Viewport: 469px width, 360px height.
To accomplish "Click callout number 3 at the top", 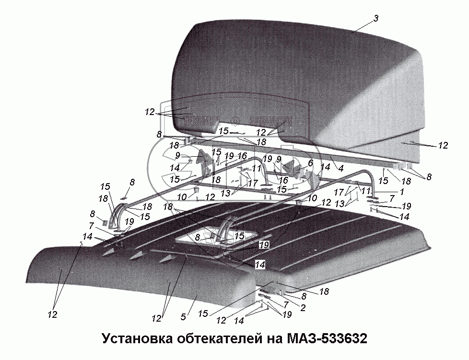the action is click(376, 18).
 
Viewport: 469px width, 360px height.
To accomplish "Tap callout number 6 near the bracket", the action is click(310, 163).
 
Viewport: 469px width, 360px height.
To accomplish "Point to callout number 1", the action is click(387, 191).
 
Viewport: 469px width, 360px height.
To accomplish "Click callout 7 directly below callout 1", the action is click(391, 198).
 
